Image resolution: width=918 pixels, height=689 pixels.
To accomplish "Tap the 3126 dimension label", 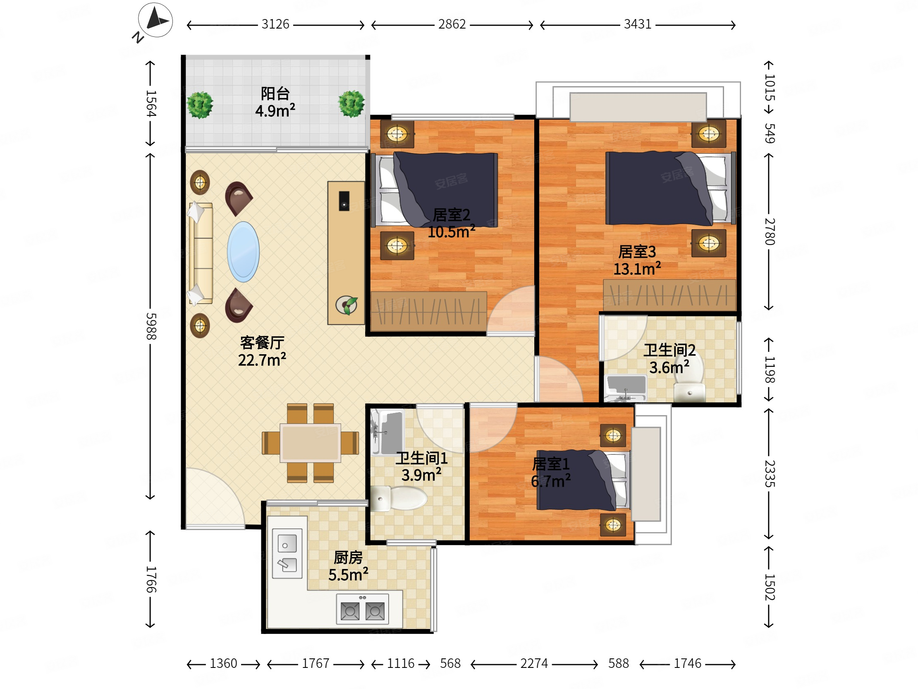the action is [x=275, y=24].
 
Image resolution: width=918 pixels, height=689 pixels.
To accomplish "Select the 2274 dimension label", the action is [x=534, y=663].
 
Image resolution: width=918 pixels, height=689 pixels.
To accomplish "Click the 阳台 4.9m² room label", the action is [x=275, y=102].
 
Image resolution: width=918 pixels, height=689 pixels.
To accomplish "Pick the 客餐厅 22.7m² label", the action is [x=262, y=351].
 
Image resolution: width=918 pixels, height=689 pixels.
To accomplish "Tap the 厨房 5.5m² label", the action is [x=348, y=566].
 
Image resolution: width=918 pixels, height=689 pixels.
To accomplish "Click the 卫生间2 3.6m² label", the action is [x=669, y=359].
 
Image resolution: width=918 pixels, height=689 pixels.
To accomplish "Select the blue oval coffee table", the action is [x=243, y=252].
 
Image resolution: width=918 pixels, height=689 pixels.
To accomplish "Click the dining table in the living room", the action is [x=311, y=443].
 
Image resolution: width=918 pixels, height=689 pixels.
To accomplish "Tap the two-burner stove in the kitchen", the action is [x=362, y=609].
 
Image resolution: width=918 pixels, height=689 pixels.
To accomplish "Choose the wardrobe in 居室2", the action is [x=429, y=312].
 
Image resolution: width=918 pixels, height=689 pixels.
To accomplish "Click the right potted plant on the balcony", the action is [x=351, y=104].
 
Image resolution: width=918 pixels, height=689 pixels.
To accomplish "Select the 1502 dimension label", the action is [x=770, y=587].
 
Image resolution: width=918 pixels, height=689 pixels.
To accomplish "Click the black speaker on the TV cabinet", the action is [x=344, y=201].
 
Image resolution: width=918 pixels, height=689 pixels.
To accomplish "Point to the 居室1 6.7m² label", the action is [x=551, y=472].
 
